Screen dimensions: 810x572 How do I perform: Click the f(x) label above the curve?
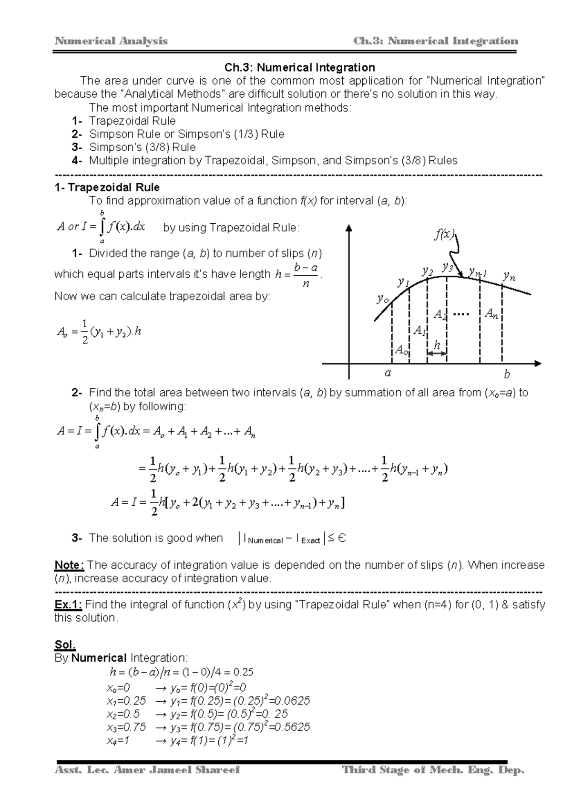[x=444, y=234]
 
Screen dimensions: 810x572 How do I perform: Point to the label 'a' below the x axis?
[x=388, y=373]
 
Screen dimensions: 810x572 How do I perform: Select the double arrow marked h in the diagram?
[x=437, y=353]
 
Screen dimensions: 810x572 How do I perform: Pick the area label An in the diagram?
[x=491, y=314]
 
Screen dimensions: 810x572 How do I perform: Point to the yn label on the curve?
[x=509, y=276]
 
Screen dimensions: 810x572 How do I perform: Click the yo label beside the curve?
[x=382, y=299]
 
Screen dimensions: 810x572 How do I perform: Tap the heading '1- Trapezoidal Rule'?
[x=107, y=187]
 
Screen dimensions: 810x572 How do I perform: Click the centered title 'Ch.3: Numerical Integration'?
[x=300, y=68]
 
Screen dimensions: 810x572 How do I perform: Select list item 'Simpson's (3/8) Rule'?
[x=142, y=147]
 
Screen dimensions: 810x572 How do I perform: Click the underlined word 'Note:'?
[x=70, y=565]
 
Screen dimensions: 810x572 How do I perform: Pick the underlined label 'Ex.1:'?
[x=69, y=605]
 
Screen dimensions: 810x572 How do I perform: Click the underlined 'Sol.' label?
[x=65, y=645]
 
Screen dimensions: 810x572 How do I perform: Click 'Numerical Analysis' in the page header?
[x=111, y=41]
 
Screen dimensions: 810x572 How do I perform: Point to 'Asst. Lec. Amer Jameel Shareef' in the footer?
[x=148, y=770]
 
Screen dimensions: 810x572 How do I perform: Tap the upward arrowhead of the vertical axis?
[x=349, y=228]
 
